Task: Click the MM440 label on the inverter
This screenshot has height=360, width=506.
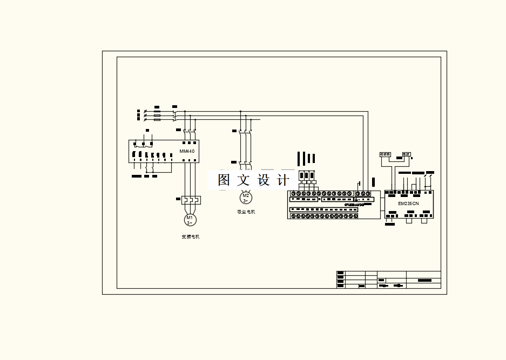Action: point(187,151)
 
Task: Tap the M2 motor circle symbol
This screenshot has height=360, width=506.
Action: point(246,198)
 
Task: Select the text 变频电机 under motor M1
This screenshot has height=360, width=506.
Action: point(191,237)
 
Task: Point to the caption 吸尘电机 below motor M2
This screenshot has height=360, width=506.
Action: point(246,212)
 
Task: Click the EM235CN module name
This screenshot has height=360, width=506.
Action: point(408,203)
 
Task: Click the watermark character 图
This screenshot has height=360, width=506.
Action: point(224,180)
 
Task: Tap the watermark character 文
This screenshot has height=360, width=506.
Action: point(244,180)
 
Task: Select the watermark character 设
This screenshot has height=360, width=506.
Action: point(264,180)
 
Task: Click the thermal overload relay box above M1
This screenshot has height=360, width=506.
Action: point(191,200)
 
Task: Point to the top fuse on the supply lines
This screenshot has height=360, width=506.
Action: point(157,111)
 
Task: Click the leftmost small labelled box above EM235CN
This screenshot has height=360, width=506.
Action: point(386,154)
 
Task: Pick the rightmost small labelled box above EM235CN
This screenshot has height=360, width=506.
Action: point(407,154)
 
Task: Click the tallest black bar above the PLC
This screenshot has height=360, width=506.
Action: point(305,158)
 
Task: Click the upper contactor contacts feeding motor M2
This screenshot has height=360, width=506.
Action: point(245,131)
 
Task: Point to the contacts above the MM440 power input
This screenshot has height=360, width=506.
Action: point(190,131)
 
